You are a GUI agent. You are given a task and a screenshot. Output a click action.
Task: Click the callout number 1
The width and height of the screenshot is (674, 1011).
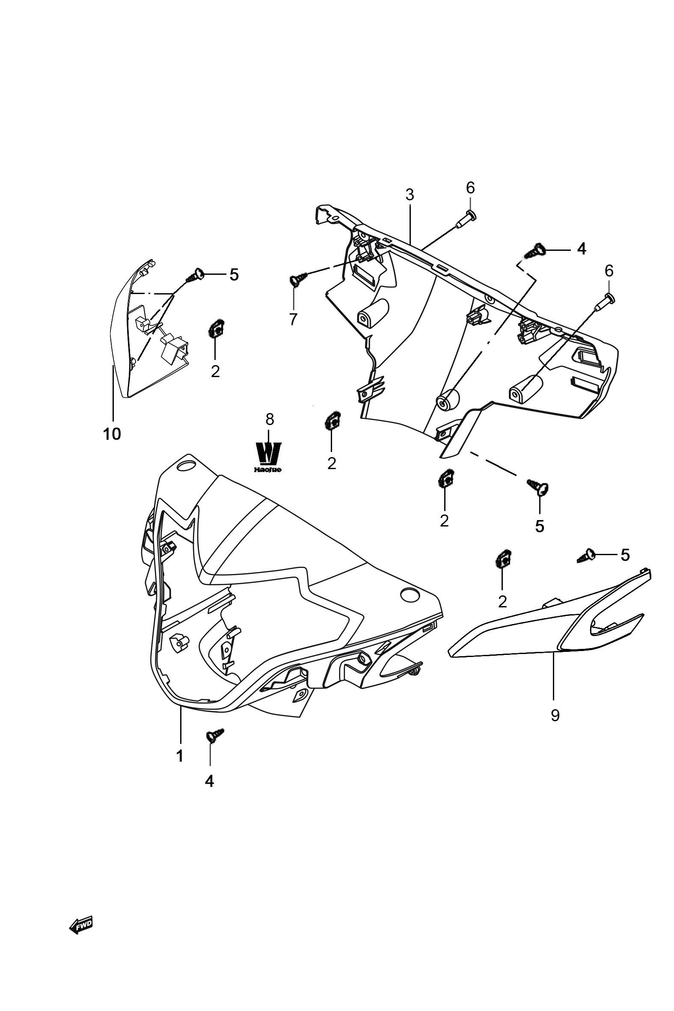pyautogui.click(x=180, y=755)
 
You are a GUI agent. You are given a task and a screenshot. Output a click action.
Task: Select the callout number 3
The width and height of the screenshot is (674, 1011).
pyautogui.click(x=410, y=195)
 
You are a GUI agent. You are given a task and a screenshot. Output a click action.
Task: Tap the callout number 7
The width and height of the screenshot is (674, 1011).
pyautogui.click(x=293, y=319)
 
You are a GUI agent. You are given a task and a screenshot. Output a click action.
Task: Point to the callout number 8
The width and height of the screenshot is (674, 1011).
pyautogui.click(x=270, y=419)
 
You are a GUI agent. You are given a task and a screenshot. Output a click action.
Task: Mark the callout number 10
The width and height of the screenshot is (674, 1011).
pyautogui.click(x=112, y=434)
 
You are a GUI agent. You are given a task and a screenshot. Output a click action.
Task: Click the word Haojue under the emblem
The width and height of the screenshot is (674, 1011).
pyautogui.click(x=268, y=470)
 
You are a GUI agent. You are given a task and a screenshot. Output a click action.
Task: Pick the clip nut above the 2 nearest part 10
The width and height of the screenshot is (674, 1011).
pyautogui.click(x=215, y=330)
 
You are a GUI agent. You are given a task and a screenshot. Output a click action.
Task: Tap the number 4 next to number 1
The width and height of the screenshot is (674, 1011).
pyautogui.click(x=209, y=781)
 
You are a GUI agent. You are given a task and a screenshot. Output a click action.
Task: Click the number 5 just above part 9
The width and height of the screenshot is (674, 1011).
pyautogui.click(x=625, y=555)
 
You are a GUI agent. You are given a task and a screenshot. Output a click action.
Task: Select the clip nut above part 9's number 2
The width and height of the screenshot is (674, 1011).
pyautogui.click(x=502, y=559)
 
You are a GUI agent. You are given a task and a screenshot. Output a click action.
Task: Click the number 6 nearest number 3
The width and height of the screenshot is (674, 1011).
pyautogui.click(x=470, y=187)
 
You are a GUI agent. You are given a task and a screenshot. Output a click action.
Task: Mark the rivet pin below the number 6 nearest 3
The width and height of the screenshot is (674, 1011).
pyautogui.click(x=465, y=219)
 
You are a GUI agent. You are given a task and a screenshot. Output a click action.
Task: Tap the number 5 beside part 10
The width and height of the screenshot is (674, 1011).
pyautogui.click(x=233, y=274)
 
